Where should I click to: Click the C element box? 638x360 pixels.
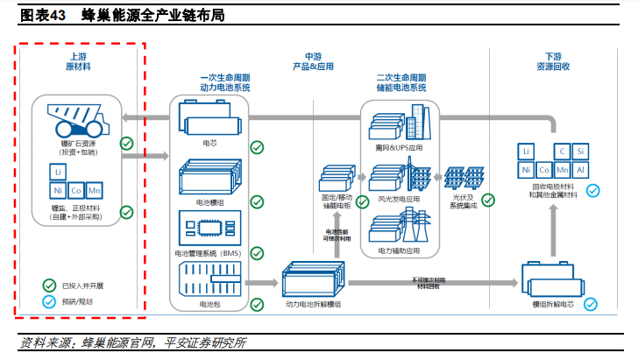pyautogui.click(x=564, y=151)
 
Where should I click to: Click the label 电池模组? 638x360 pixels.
pyautogui.click(x=209, y=201)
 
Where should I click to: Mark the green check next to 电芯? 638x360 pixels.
pyautogui.click(x=257, y=146)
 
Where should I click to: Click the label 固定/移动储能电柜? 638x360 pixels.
pyautogui.click(x=336, y=202)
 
